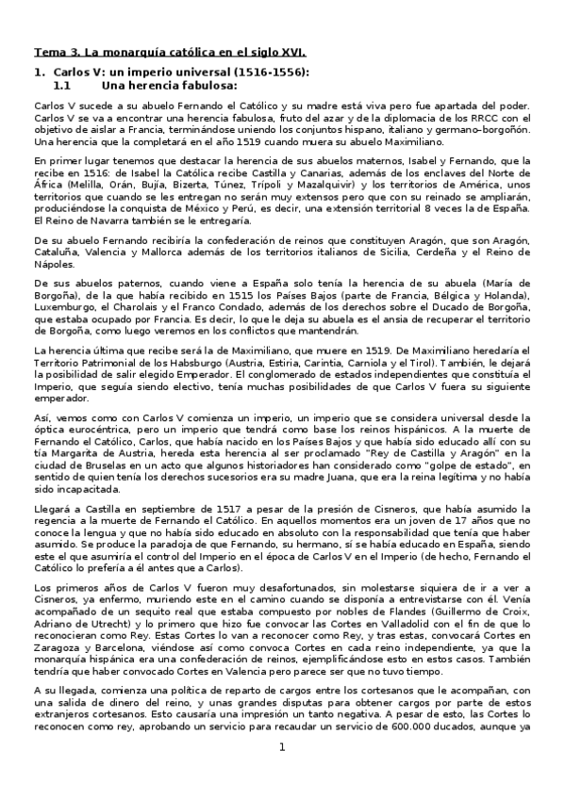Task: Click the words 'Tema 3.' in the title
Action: (x=55, y=53)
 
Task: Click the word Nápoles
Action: (x=55, y=266)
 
